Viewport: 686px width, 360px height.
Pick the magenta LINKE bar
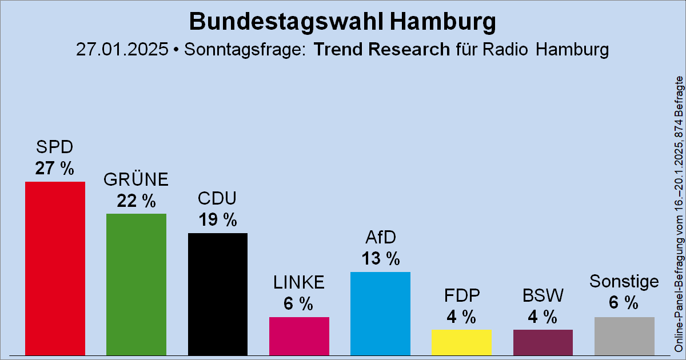(x=299, y=335)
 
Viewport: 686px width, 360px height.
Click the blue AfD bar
(x=380, y=313)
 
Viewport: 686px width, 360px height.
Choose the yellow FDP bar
(x=461, y=342)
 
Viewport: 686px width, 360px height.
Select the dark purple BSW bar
(x=543, y=342)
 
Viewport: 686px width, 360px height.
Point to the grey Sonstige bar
(x=624, y=335)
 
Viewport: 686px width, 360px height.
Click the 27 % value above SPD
(x=55, y=169)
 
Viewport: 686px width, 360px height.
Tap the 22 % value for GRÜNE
(x=136, y=201)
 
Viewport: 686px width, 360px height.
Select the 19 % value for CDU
(x=218, y=219)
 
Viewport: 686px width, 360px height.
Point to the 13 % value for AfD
(x=380, y=258)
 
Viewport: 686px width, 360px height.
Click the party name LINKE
(x=299, y=282)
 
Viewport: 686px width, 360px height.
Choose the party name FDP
(x=461, y=295)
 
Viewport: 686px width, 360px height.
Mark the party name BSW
(x=543, y=295)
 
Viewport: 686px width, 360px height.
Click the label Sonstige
(x=624, y=282)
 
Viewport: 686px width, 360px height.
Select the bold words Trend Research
(x=382, y=49)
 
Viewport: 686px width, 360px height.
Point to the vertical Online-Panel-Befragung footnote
(x=679, y=214)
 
